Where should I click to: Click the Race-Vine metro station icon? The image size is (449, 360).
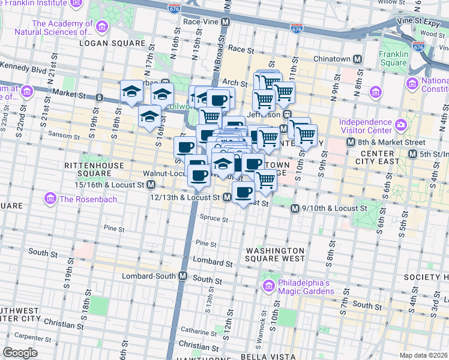[x=226, y=22]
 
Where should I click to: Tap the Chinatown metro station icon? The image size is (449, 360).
[x=358, y=59]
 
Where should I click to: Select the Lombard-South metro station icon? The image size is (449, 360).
[x=183, y=276]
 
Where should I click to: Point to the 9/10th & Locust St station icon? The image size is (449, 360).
[x=295, y=208]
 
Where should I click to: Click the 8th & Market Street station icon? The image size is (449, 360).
[x=351, y=142]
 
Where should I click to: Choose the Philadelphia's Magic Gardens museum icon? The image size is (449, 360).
[x=269, y=283]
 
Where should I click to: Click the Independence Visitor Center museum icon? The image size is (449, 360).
[x=401, y=125]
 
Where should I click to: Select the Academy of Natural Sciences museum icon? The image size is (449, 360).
[x=101, y=28]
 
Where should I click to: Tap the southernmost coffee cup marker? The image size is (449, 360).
[x=243, y=193]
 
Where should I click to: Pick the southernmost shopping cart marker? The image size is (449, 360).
[x=265, y=180]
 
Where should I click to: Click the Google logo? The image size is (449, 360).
[x=20, y=353]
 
